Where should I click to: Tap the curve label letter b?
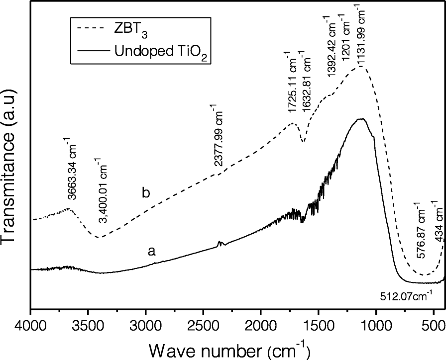(146, 193)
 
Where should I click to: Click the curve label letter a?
(152, 252)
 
